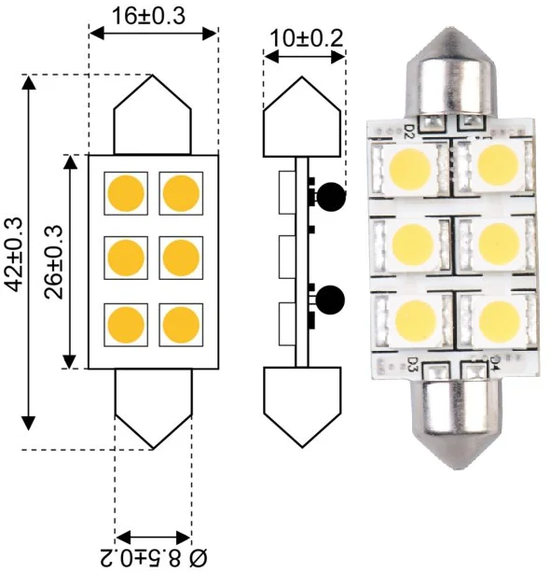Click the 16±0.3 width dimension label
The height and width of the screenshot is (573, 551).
(x=148, y=16)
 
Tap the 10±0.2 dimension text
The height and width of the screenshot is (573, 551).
(x=307, y=38)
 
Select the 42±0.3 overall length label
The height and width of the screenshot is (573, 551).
(x=15, y=255)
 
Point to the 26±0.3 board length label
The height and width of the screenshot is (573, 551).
(x=54, y=262)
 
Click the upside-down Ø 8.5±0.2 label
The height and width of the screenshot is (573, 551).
(x=153, y=558)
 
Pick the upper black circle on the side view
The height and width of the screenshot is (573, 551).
(x=331, y=197)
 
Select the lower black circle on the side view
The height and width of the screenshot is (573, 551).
(x=330, y=300)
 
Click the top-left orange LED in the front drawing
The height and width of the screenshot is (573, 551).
(x=126, y=193)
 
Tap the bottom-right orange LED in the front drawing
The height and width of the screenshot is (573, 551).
(x=181, y=325)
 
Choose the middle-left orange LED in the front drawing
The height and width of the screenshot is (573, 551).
(x=126, y=258)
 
